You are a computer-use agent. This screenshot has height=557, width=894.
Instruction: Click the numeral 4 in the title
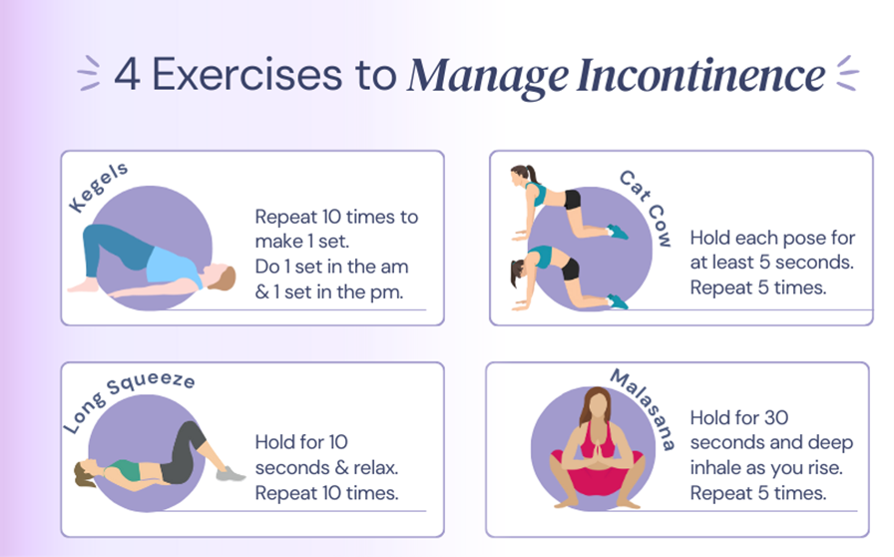point(127,74)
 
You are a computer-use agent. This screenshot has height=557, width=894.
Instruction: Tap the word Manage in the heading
point(488,77)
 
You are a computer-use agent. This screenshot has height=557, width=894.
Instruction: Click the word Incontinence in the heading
point(700,75)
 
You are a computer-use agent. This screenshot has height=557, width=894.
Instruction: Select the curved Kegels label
point(98,187)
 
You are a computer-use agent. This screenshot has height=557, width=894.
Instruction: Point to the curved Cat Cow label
point(647,208)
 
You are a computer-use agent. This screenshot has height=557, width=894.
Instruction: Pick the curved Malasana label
point(645,408)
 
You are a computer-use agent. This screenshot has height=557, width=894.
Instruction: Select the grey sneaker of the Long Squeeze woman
point(230,474)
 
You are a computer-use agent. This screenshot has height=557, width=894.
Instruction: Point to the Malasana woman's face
point(598,406)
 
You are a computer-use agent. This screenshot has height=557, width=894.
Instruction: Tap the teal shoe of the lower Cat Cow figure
point(618,301)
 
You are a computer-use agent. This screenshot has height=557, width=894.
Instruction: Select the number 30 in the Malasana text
point(776,417)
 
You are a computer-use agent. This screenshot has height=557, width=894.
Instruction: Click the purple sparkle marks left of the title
point(89,73)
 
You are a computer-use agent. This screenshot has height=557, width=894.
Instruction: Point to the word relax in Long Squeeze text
point(376,467)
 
